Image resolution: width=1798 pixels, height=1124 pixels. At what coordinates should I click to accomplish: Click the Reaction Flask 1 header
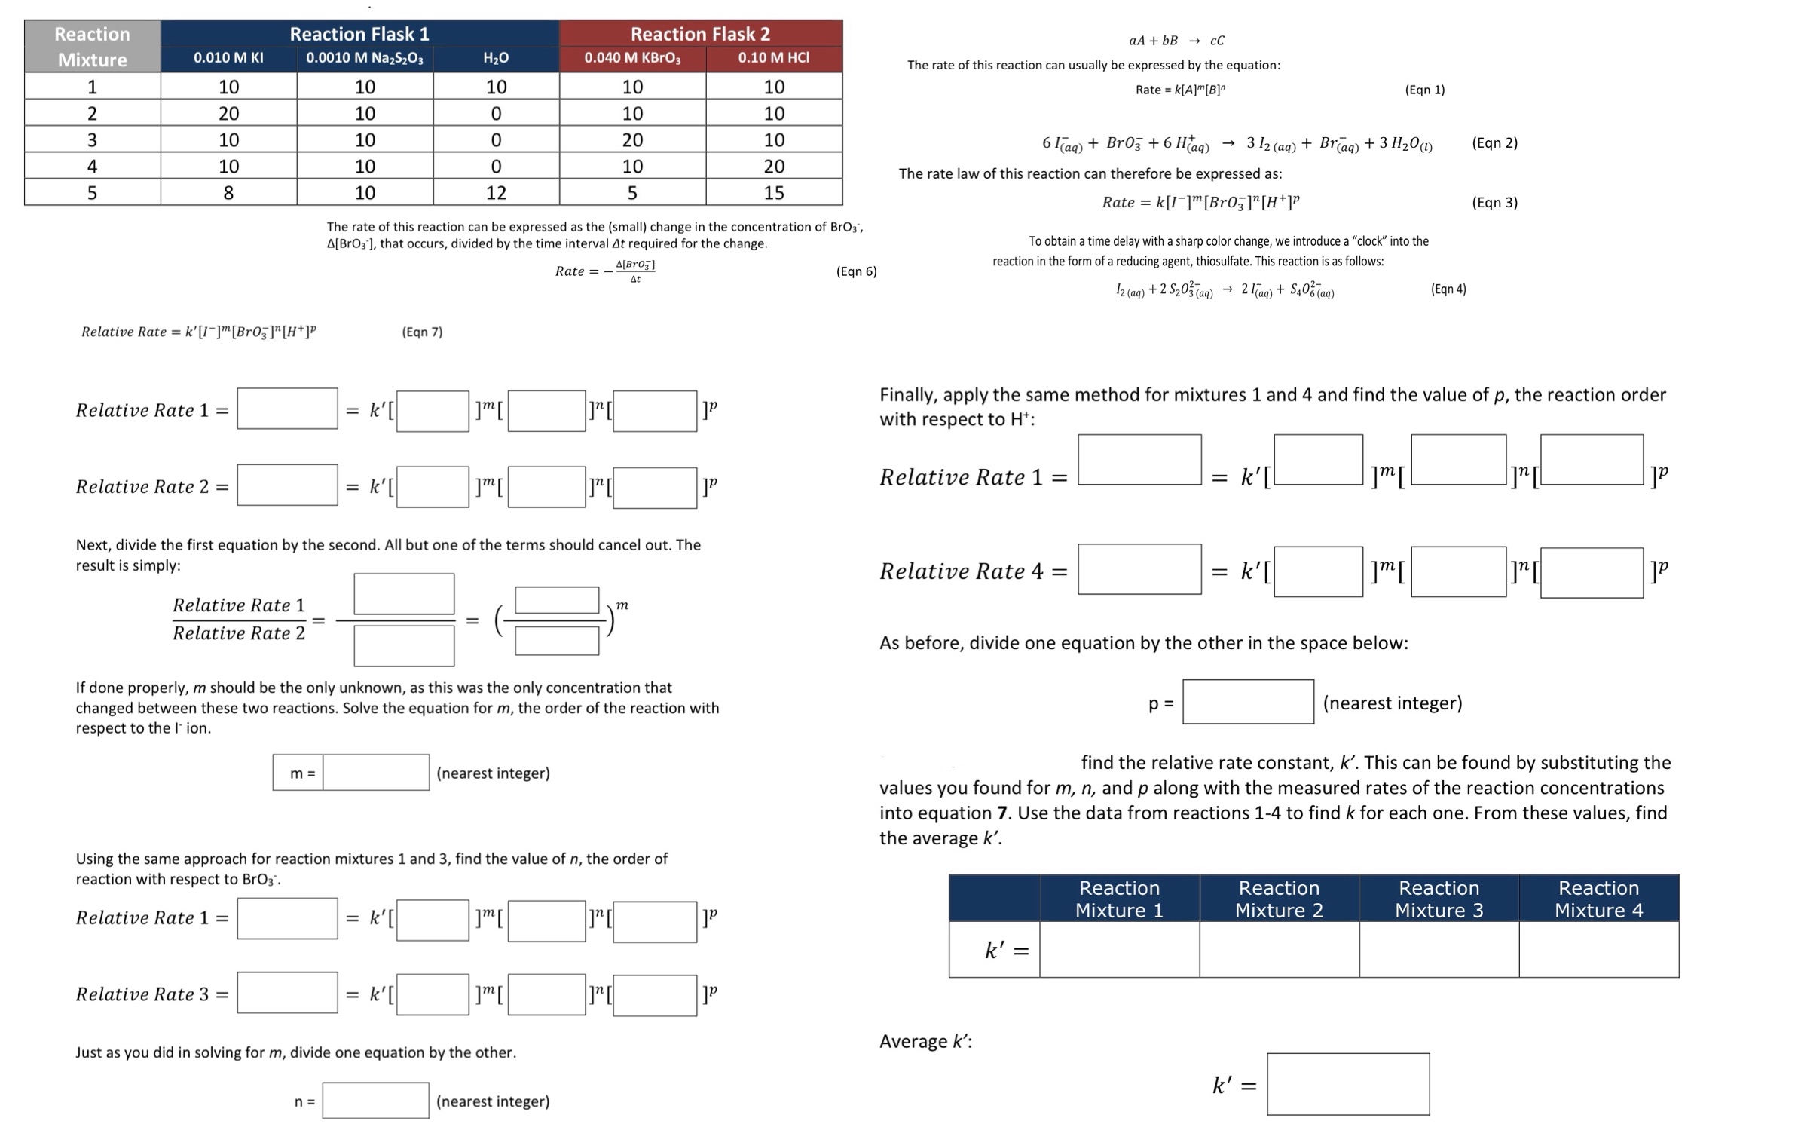[359, 34]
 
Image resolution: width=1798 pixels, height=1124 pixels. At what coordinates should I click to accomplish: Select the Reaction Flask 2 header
[700, 34]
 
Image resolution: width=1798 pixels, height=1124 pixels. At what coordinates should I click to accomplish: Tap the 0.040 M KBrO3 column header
[632, 58]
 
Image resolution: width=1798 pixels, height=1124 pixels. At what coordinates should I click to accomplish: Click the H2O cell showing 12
[496, 193]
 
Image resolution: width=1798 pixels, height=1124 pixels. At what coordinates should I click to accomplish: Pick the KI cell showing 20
[228, 114]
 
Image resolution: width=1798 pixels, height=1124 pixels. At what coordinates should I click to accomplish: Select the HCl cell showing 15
[774, 193]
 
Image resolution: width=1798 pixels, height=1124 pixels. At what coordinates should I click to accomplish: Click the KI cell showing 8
[228, 193]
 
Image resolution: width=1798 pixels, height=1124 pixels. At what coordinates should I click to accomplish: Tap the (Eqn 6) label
[856, 271]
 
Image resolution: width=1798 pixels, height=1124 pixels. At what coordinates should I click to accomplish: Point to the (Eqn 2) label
[1494, 143]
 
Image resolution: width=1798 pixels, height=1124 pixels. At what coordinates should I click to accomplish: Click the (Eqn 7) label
[422, 332]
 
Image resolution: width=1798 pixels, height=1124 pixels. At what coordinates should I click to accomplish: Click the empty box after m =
[376, 773]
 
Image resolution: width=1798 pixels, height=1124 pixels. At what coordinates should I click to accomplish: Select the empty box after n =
[376, 1101]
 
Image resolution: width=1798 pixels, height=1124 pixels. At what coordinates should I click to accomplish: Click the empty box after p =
[1248, 702]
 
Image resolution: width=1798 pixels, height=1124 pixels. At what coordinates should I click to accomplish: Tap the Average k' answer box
[1347, 1084]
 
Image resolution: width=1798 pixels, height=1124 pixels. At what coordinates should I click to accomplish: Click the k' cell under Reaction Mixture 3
[1439, 949]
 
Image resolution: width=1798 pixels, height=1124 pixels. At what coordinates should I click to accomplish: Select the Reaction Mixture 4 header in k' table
[1598, 899]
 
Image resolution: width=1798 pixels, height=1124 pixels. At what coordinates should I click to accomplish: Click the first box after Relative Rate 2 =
[287, 485]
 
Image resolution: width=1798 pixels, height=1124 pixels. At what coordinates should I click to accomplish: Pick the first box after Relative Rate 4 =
[1139, 569]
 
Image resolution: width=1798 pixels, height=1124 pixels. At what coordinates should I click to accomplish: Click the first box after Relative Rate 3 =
[287, 992]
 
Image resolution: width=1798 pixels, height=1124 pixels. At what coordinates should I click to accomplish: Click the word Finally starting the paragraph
[908, 395]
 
